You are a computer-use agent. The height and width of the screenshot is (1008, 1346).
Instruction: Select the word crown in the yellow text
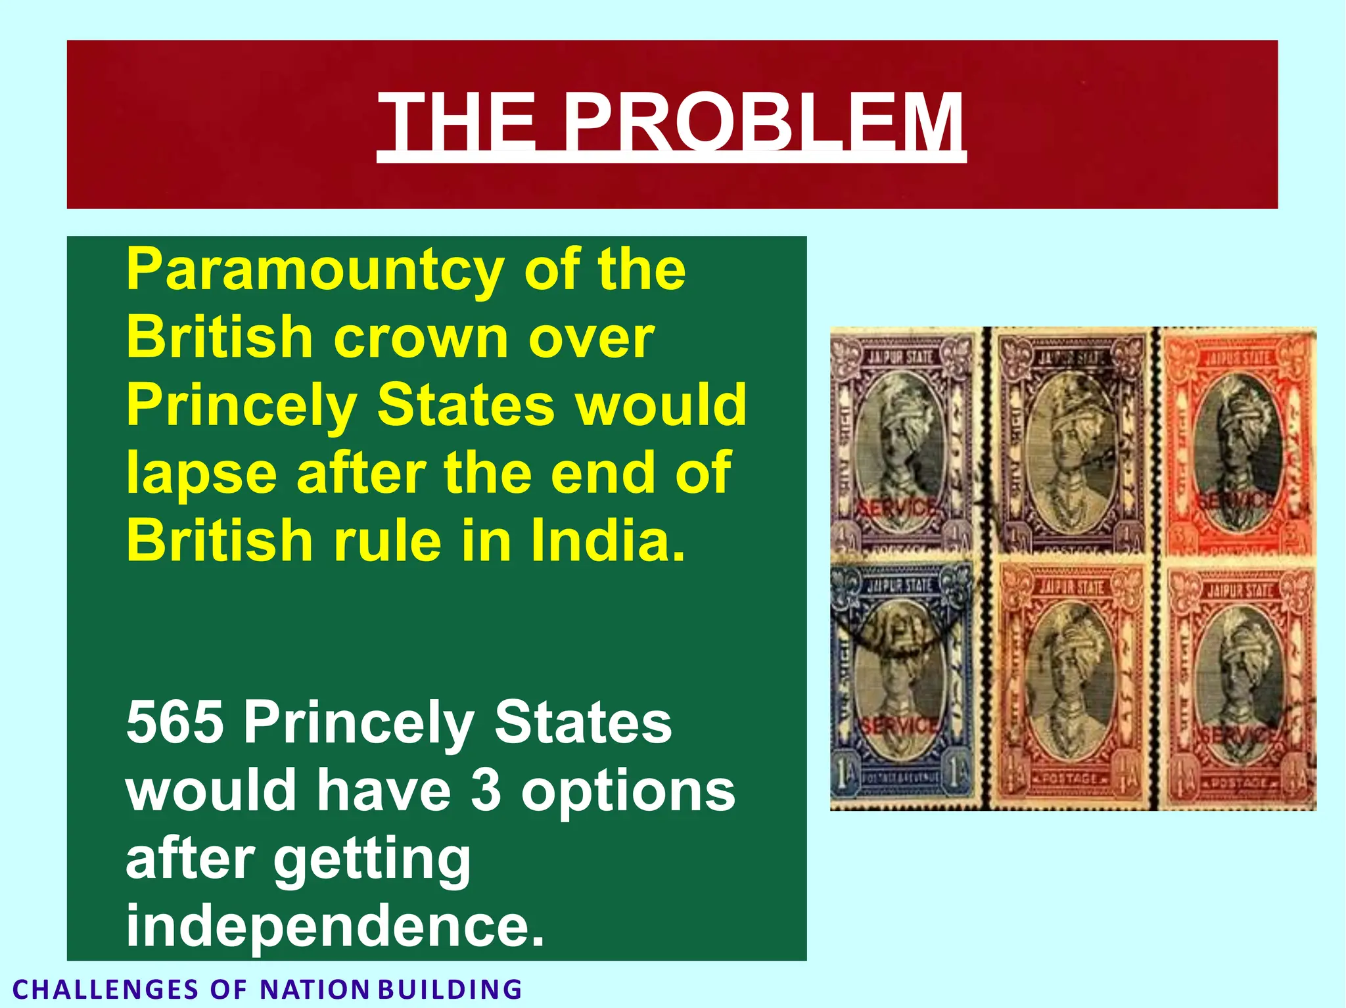click(x=421, y=338)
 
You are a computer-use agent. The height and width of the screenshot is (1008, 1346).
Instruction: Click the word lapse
click(x=201, y=473)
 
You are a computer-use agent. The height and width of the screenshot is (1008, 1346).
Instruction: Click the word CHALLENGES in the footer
click(x=105, y=990)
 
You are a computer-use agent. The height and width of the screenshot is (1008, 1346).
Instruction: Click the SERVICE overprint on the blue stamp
click(x=899, y=725)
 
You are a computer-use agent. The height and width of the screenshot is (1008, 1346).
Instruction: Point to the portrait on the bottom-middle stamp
click(x=1070, y=683)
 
